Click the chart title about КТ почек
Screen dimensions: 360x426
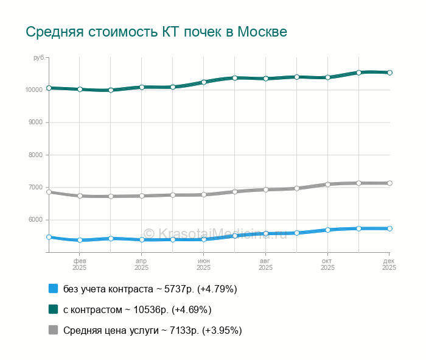156,32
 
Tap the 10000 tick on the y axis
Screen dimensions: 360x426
34,90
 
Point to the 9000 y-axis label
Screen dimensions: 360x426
35,122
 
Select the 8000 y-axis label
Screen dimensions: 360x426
35,155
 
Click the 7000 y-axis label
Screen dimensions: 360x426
35,187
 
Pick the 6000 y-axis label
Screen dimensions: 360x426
35,220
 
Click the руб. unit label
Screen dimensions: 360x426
38,57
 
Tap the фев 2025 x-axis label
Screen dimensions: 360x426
80,264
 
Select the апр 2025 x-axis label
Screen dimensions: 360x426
142,264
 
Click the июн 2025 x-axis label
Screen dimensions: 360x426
204,264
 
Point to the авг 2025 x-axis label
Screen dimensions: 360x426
266,264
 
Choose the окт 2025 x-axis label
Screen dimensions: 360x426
328,264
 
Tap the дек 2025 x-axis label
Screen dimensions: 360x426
389,264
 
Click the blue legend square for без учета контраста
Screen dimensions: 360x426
53,289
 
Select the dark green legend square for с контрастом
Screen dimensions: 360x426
53,309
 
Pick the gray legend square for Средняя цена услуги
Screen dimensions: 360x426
53,330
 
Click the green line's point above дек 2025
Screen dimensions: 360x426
390,72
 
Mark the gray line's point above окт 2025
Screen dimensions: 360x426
328,184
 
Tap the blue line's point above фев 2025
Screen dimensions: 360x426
80,240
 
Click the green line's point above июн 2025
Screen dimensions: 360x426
204,82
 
